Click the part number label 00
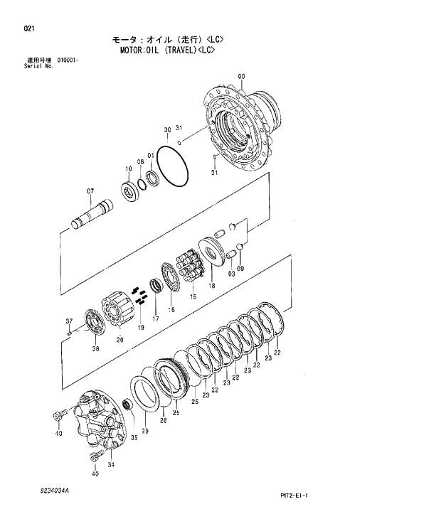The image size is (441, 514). click(x=241, y=76)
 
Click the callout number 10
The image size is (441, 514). click(x=129, y=168)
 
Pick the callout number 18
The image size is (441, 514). click(x=211, y=286)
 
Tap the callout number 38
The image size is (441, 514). click(x=95, y=348)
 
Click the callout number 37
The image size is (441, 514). click(x=70, y=320)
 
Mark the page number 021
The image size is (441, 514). click(x=28, y=29)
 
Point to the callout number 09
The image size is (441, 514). click(x=240, y=269)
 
